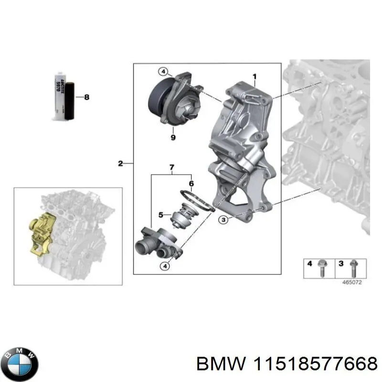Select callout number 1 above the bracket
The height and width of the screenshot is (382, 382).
[255, 76]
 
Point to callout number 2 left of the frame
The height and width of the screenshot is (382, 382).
[120, 164]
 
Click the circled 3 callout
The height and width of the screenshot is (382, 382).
[223, 220]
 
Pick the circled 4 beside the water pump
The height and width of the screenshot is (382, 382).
[163, 72]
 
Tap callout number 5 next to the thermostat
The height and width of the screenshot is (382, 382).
[161, 214]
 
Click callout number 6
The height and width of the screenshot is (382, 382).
[191, 183]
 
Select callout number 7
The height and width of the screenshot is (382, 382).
[172, 167]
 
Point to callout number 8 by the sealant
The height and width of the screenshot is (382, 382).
[86, 97]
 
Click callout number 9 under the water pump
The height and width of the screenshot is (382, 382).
[173, 138]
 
